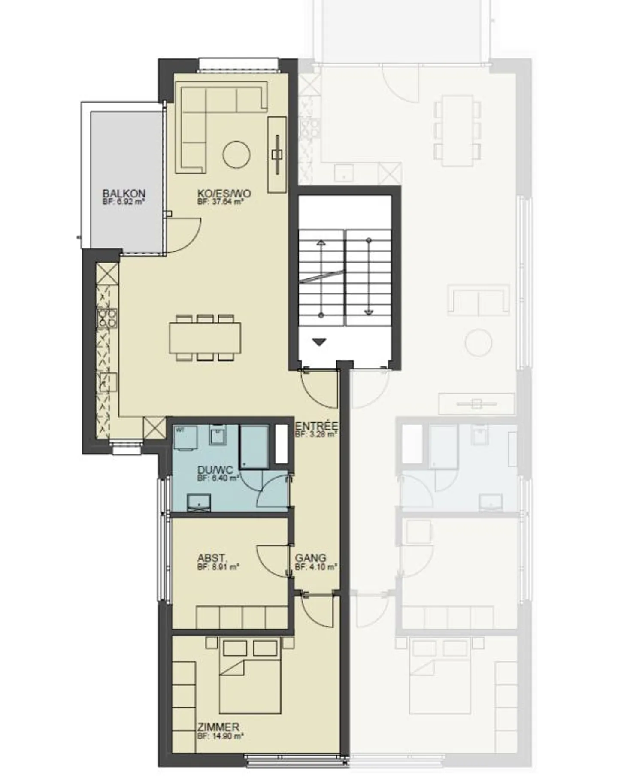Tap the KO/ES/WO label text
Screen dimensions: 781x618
(x=224, y=194)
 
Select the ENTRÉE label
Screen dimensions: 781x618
(x=316, y=426)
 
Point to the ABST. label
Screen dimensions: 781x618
(x=212, y=558)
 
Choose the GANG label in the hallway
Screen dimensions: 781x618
(x=310, y=558)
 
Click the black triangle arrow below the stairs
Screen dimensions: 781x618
(x=319, y=342)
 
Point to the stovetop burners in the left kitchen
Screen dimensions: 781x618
(x=107, y=318)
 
